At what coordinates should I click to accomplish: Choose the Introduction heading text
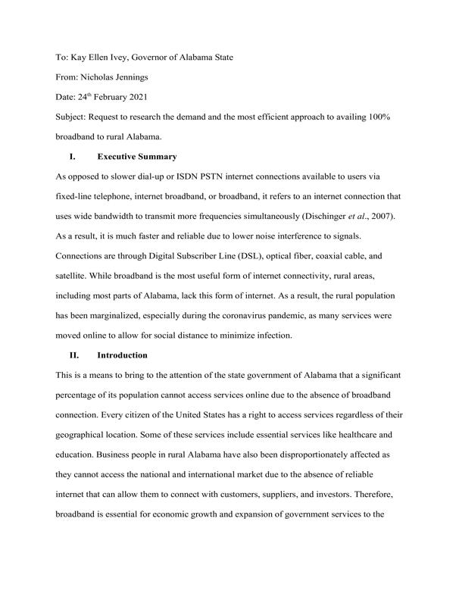[123, 355]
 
